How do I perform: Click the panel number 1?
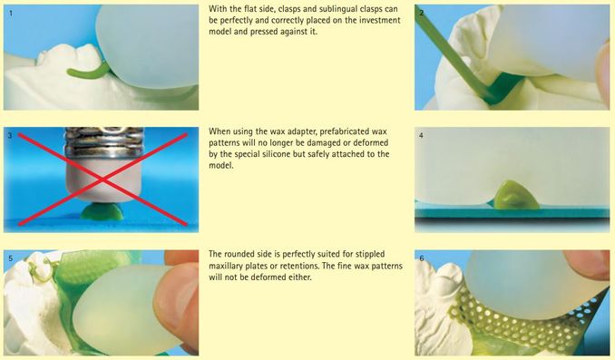pyautogui.click(x=11, y=13)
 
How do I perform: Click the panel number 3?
pyautogui.click(x=10, y=136)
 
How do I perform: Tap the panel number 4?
pyautogui.click(x=421, y=136)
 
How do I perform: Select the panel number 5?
pyautogui.click(x=11, y=258)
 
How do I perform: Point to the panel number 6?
pyautogui.click(x=422, y=258)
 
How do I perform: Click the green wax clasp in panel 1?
pyautogui.click(x=88, y=73)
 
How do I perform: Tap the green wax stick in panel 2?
pyautogui.click(x=455, y=59)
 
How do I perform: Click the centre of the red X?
pyautogui.click(x=102, y=180)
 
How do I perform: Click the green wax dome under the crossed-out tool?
pyautogui.click(x=102, y=211)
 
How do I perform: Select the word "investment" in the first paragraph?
pyautogui.click(x=380, y=20)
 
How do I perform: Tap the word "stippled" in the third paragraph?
pyautogui.click(x=369, y=254)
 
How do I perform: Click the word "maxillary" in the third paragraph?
pyautogui.click(x=226, y=266)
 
